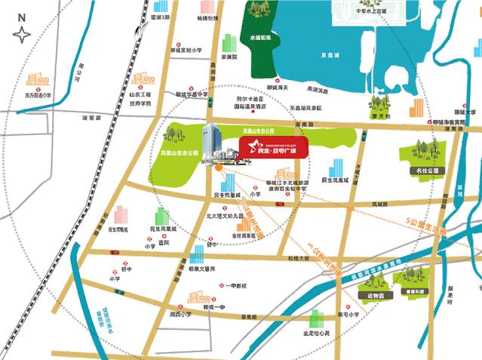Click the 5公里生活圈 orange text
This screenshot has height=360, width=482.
(425, 223)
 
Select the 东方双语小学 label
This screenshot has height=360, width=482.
(36, 96)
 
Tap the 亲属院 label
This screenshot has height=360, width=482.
(229, 57)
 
